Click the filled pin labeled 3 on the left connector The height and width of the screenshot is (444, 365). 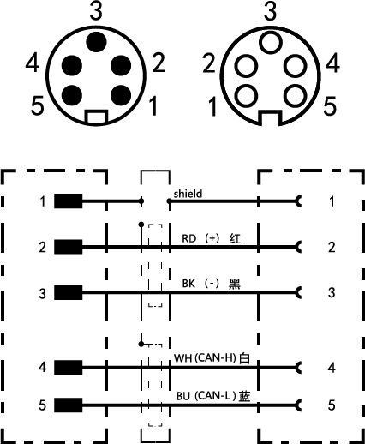coord(96,42)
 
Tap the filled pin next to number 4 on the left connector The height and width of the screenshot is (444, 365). coord(72,66)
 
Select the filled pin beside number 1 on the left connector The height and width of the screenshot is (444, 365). coord(121,95)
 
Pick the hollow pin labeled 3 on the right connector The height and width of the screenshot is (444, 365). coord(271,43)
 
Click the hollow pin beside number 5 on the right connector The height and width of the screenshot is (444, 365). coord(296,96)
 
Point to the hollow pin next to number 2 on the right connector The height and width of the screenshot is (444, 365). coord(246,66)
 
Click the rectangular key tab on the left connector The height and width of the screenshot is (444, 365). coord(97,117)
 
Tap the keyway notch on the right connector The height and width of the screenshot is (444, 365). coord(270,118)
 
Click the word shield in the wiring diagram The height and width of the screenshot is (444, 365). coord(188,194)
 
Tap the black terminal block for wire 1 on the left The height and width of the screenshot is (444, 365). coord(69,201)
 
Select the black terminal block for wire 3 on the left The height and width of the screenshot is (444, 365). coord(69,292)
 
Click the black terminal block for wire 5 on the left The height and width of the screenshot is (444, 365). coord(69,405)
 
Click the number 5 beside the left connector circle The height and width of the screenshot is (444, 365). coord(38,105)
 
